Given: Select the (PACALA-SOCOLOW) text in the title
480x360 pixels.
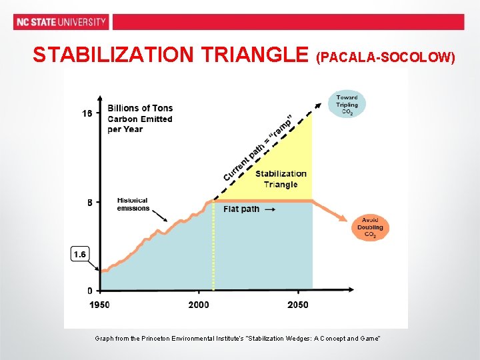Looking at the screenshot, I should click(x=387, y=57).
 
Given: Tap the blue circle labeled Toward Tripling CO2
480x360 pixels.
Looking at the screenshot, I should click(x=347, y=105).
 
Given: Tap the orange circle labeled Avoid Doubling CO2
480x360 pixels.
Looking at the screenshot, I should click(x=370, y=227).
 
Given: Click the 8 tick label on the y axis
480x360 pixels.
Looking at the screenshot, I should click(x=90, y=202).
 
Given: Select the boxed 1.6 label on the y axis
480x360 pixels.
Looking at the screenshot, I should click(x=80, y=254).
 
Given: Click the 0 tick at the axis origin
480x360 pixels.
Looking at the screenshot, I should click(x=90, y=291).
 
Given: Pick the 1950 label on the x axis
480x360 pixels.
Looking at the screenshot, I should click(x=100, y=305).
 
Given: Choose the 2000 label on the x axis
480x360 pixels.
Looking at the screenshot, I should click(x=198, y=305).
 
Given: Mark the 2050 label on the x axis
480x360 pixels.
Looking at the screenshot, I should click(x=298, y=305).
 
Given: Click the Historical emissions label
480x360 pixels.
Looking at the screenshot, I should click(x=133, y=204).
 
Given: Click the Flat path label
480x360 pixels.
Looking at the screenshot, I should click(x=241, y=209).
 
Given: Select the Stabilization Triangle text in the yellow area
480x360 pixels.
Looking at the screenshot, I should click(x=281, y=179).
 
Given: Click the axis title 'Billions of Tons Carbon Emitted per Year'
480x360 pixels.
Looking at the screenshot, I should click(x=140, y=119).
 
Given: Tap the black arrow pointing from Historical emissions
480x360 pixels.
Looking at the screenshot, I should click(x=158, y=215).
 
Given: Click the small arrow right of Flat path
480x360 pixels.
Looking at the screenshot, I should click(x=269, y=209).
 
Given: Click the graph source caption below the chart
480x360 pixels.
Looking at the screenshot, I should click(x=237, y=339).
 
